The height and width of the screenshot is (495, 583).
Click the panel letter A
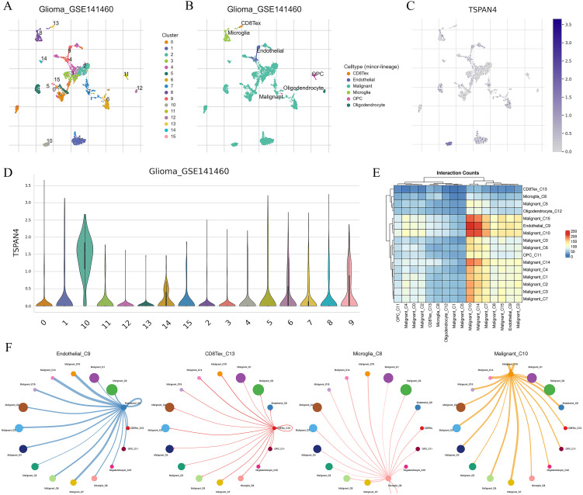tap(8, 9)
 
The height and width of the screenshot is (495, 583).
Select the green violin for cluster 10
tap(82, 256)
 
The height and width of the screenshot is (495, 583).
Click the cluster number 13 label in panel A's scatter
tap(56, 24)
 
